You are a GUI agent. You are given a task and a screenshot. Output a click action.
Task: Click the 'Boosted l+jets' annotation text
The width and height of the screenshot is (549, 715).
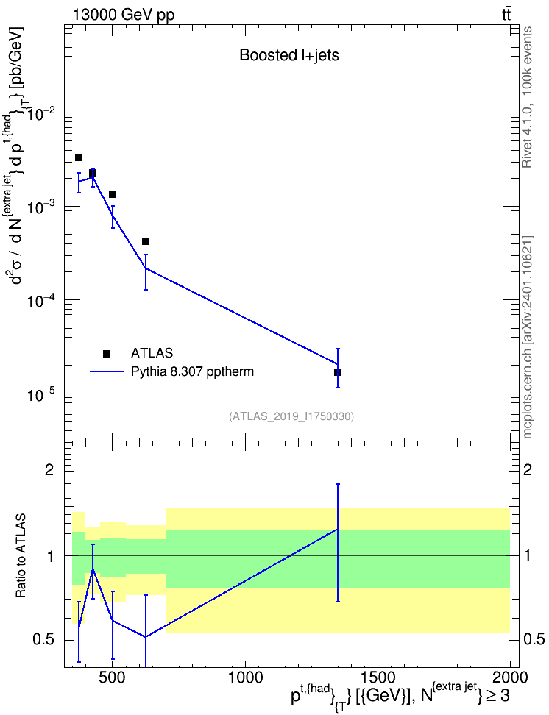(289, 55)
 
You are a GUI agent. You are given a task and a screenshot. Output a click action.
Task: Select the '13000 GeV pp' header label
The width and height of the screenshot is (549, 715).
(124, 15)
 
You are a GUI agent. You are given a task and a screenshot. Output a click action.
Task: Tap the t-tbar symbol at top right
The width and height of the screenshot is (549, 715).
(506, 14)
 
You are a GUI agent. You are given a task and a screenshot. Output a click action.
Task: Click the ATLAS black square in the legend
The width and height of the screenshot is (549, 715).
(107, 353)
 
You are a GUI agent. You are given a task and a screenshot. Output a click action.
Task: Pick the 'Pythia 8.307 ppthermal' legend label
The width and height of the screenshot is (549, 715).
(192, 372)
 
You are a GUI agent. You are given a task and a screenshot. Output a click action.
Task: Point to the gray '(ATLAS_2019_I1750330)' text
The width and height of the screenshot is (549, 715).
(291, 416)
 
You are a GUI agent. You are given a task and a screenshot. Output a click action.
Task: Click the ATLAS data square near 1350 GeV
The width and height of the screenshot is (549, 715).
(338, 372)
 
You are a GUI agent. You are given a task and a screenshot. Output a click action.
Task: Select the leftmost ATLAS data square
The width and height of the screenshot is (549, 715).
(79, 157)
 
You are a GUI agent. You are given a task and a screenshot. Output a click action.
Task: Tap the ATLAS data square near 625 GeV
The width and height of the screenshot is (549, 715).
(146, 241)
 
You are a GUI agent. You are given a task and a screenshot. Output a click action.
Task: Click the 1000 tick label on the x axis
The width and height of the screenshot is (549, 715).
(245, 677)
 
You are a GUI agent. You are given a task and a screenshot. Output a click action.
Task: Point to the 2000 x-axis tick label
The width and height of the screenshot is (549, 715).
(510, 677)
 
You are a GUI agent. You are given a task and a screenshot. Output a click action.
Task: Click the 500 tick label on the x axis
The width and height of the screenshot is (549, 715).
(113, 677)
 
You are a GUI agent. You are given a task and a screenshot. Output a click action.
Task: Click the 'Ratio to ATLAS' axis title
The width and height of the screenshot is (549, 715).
(21, 556)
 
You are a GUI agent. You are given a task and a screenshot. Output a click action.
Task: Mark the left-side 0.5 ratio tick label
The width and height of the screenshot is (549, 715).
(43, 640)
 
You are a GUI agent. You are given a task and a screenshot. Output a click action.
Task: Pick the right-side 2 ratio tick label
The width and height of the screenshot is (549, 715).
(527, 470)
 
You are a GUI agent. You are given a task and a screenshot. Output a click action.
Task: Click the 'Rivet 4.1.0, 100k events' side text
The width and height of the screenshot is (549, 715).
(527, 98)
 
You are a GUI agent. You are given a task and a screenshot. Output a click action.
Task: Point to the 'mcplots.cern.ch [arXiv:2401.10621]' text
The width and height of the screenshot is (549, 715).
(527, 337)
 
